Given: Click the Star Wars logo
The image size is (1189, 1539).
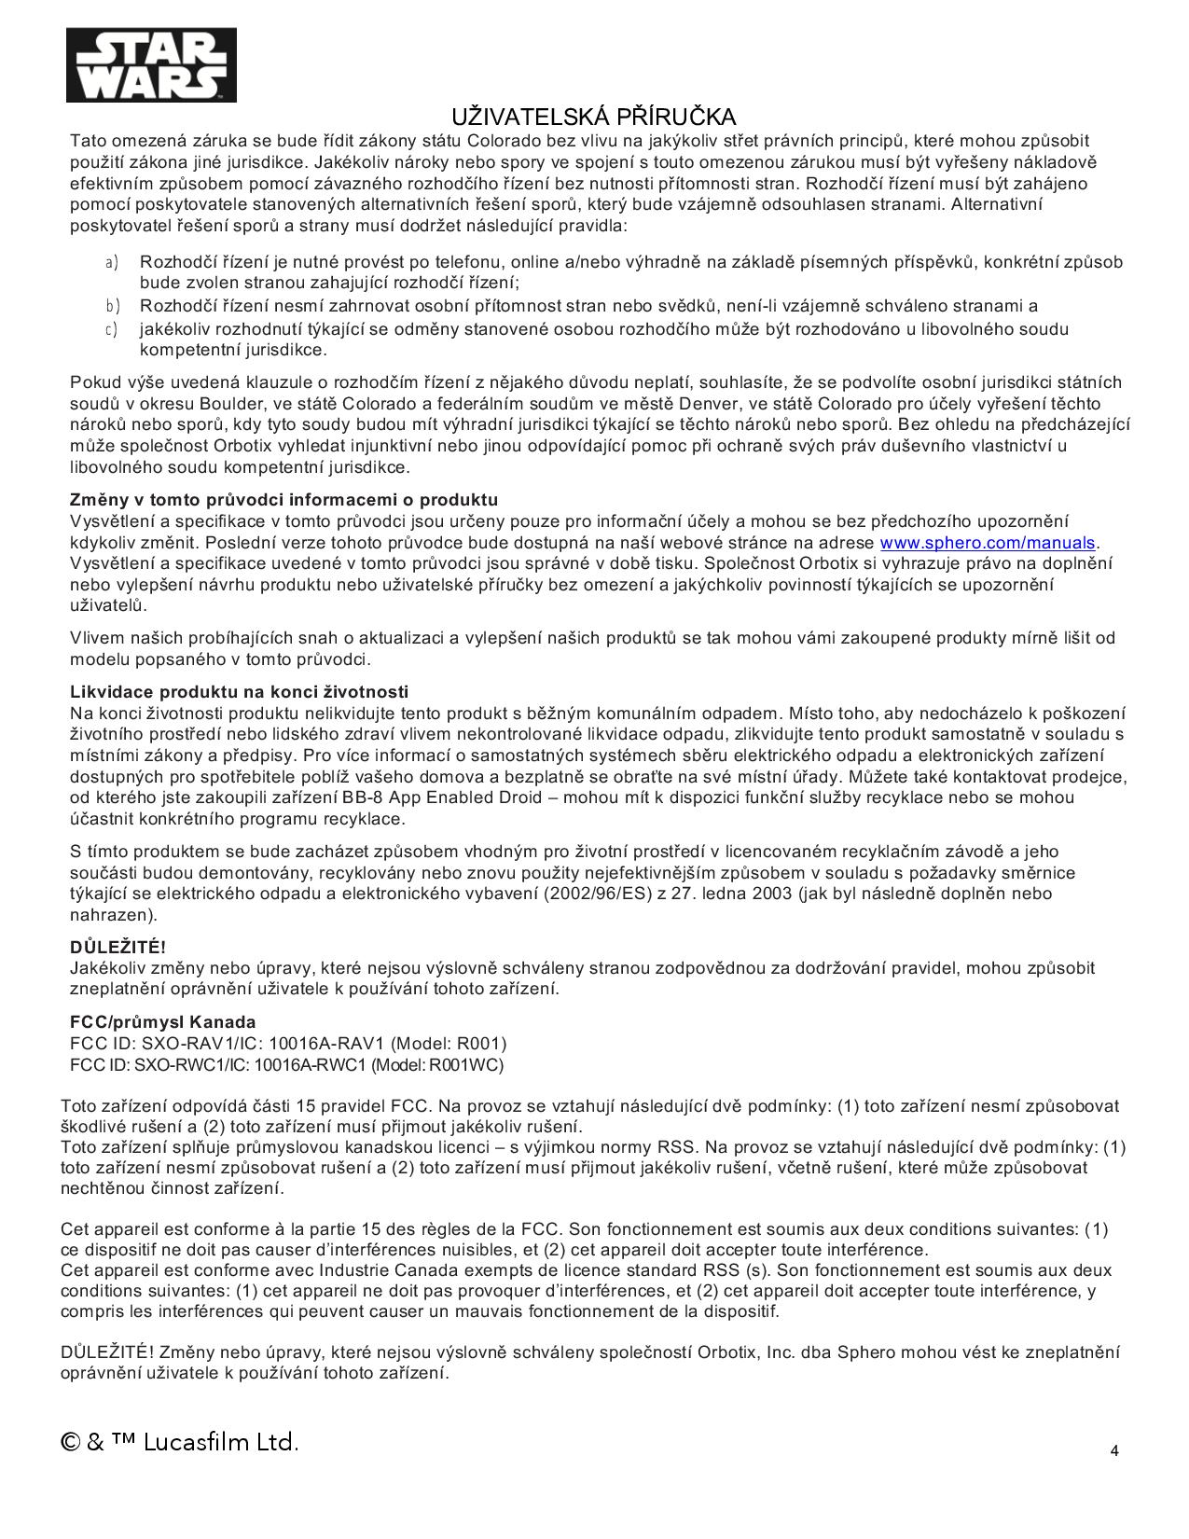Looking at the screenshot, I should click(x=150, y=64).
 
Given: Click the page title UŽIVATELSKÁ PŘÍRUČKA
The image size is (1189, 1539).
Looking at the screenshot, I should click(x=594, y=117).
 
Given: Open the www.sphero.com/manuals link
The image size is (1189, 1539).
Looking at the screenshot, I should click(x=988, y=543).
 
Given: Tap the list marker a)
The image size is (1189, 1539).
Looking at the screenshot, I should click(x=111, y=262).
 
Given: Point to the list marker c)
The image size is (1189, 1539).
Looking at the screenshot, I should click(x=111, y=329).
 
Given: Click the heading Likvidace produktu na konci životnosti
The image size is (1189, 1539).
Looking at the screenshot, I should click(x=239, y=692).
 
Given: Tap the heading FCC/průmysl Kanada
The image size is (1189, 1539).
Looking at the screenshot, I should click(x=162, y=1022).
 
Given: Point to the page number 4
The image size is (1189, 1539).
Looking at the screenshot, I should click(x=1114, y=1450).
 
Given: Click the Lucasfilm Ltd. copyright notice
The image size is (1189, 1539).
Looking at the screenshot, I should click(x=180, y=1442).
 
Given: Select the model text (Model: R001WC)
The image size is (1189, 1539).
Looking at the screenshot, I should click(x=437, y=1065).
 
